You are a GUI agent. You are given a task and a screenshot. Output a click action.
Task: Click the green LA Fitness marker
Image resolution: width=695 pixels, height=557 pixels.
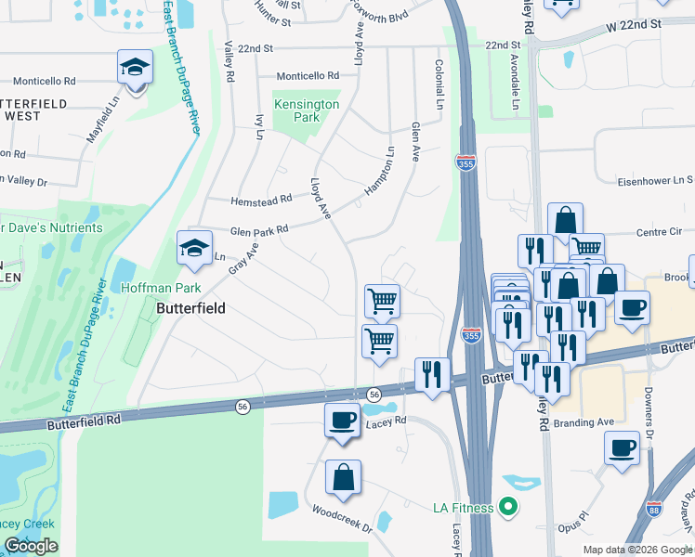tap(506, 507)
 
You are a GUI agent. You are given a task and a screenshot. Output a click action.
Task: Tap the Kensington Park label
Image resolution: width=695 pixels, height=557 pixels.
tap(306, 111)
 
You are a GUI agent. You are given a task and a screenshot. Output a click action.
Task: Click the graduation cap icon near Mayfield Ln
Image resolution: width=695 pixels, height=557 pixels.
tap(135, 68)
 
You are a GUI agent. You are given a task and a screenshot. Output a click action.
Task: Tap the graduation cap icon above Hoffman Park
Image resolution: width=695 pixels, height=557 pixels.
tap(195, 248)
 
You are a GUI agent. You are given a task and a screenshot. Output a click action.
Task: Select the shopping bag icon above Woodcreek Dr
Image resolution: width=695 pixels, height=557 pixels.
tap(343, 477)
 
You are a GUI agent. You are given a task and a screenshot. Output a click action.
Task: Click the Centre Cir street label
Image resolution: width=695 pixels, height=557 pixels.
tap(659, 233)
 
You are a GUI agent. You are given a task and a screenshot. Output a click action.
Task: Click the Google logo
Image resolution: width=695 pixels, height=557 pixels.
tap(31, 546)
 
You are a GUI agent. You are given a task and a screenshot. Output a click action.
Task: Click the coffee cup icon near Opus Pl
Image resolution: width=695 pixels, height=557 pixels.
tap(622, 447)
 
